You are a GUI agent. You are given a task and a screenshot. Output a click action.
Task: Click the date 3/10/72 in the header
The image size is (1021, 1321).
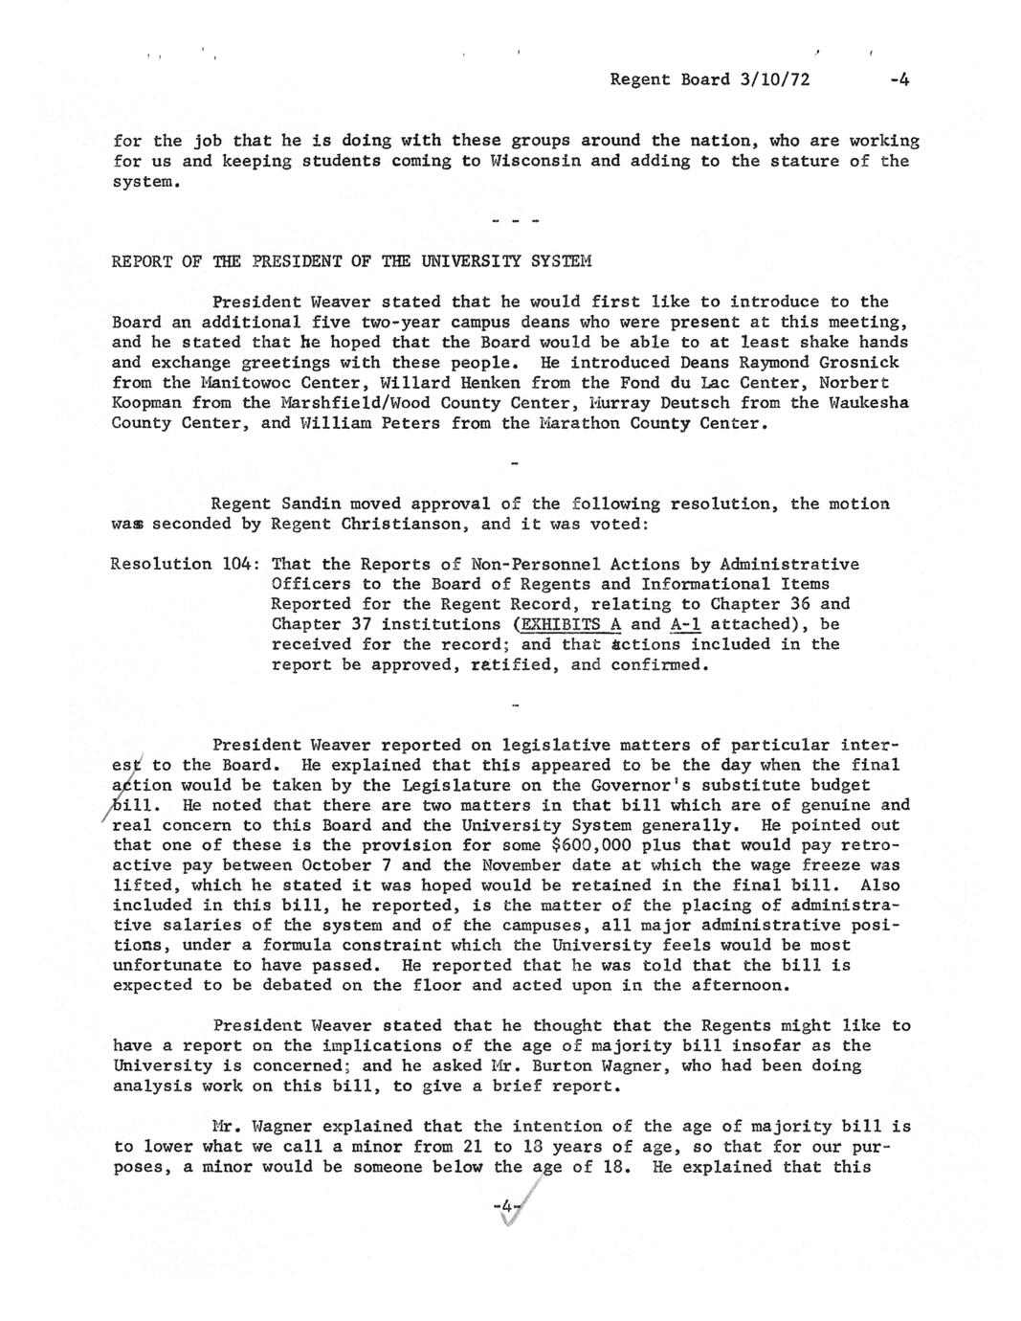[x=774, y=79]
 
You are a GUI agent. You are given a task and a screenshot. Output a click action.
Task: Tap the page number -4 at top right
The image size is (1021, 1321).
[x=898, y=79]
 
